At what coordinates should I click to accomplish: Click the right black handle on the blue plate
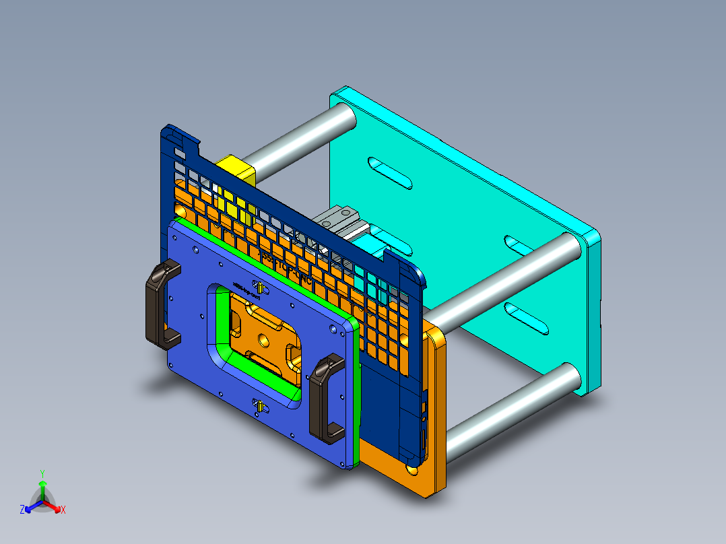[x=327, y=400]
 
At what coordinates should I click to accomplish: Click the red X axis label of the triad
[x=63, y=510]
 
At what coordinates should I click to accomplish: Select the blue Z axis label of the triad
[x=22, y=510]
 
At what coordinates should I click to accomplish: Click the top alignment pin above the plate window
[x=257, y=285]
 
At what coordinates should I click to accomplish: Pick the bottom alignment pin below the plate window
[x=259, y=405]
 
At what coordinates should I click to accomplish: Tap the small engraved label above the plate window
[x=245, y=291]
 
